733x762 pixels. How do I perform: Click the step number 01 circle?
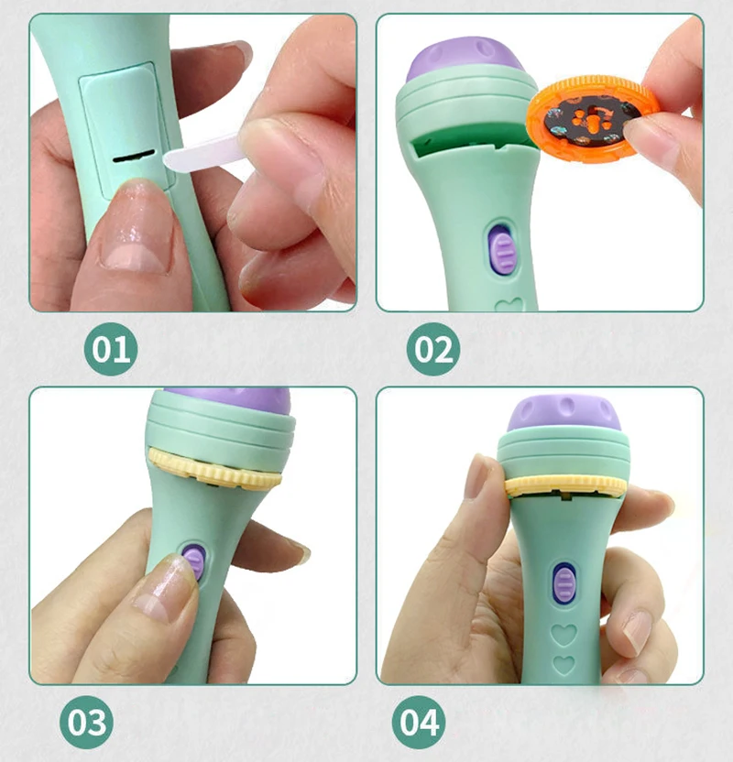click(x=111, y=348)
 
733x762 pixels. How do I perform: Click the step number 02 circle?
click(x=433, y=348)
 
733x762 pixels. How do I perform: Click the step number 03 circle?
click(x=86, y=722)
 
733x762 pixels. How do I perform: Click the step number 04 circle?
click(x=419, y=722)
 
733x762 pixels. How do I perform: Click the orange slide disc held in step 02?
click(x=592, y=118)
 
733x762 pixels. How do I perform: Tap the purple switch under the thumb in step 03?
click(x=193, y=559)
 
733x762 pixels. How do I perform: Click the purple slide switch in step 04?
click(x=564, y=582)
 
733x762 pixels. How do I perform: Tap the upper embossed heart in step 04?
click(x=563, y=634)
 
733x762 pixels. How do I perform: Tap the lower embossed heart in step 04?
click(x=564, y=664)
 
